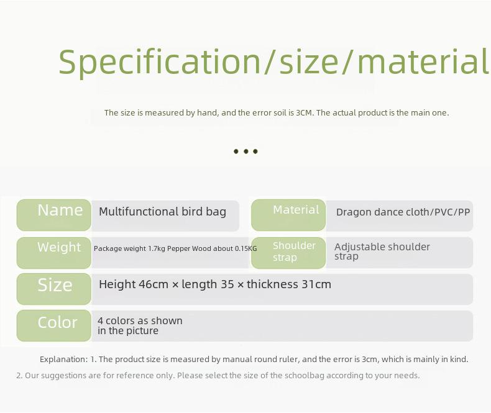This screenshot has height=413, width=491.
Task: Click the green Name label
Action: coord(54,215)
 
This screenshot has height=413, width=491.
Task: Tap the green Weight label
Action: coord(54,253)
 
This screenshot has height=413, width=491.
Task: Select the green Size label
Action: coord(54,289)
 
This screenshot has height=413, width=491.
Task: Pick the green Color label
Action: coord(54,325)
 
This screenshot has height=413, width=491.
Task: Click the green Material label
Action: coord(288,215)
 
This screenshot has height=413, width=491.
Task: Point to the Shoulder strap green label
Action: coord(288,253)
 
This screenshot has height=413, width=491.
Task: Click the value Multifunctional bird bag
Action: coord(162,212)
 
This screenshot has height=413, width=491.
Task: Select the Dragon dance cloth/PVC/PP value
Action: coord(403,212)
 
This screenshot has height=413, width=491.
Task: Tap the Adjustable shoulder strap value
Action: coord(382,252)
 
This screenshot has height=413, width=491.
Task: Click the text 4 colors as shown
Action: coord(140,320)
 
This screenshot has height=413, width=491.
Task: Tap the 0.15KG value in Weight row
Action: coord(246,249)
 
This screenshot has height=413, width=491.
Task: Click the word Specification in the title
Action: coord(160,62)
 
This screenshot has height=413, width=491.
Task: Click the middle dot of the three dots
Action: coord(246,152)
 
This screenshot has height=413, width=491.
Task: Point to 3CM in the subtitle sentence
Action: coord(304,112)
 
